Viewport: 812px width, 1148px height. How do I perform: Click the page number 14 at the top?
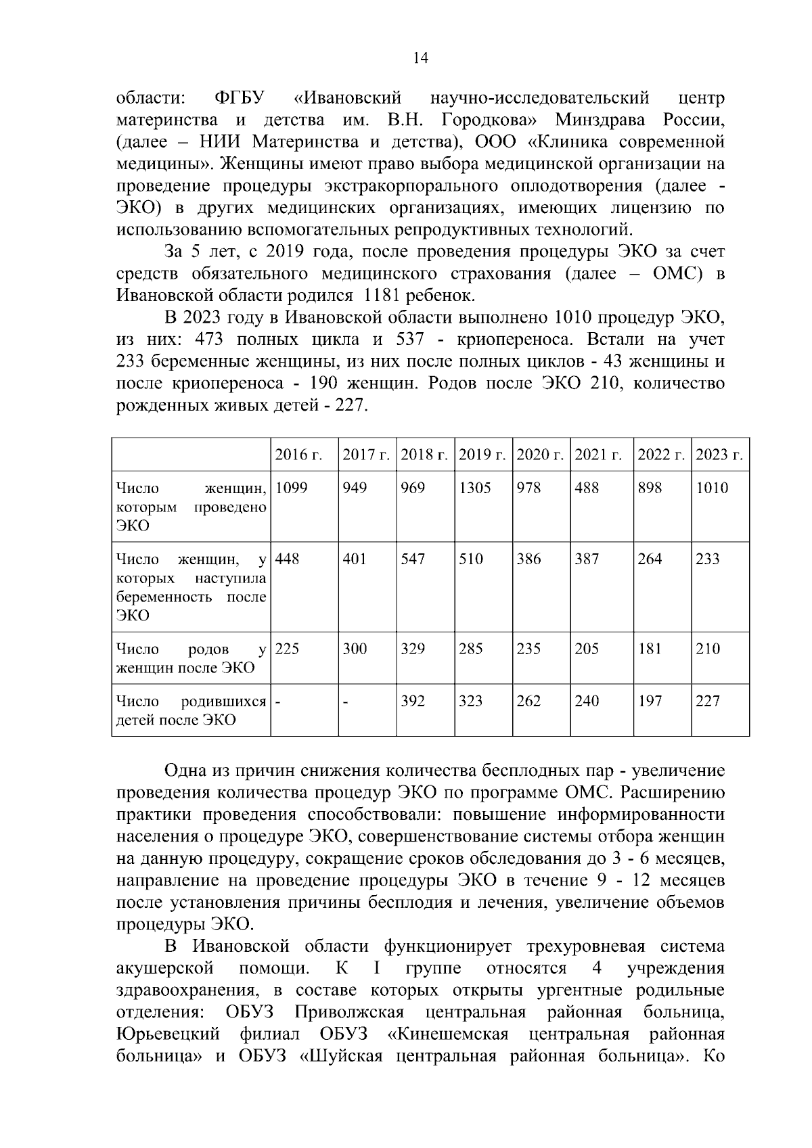point(420,58)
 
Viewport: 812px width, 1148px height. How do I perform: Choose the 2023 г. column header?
point(720,455)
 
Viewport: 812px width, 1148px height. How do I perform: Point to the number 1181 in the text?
point(383,296)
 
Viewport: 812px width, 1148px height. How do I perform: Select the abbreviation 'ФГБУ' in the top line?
point(239,98)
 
